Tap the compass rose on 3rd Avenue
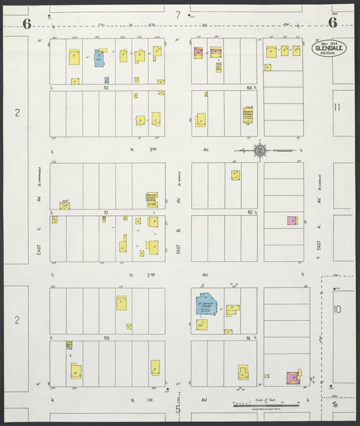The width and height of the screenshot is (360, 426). tap(260, 150)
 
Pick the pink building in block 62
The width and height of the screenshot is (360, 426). tap(292, 220)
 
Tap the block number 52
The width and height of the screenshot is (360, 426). tap(106, 88)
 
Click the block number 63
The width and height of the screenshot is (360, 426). tap(249, 88)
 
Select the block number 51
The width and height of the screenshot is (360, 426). tap(106, 212)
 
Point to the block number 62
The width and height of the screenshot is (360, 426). tap(249, 212)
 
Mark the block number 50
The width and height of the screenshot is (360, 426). tap(106, 337)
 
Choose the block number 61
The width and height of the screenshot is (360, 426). tap(249, 337)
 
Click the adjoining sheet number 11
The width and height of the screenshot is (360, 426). tap(338, 108)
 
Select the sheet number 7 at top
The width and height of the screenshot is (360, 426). tap(178, 15)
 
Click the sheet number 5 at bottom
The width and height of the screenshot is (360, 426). tap(178, 410)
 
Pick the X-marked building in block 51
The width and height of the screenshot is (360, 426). tap(66, 204)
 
